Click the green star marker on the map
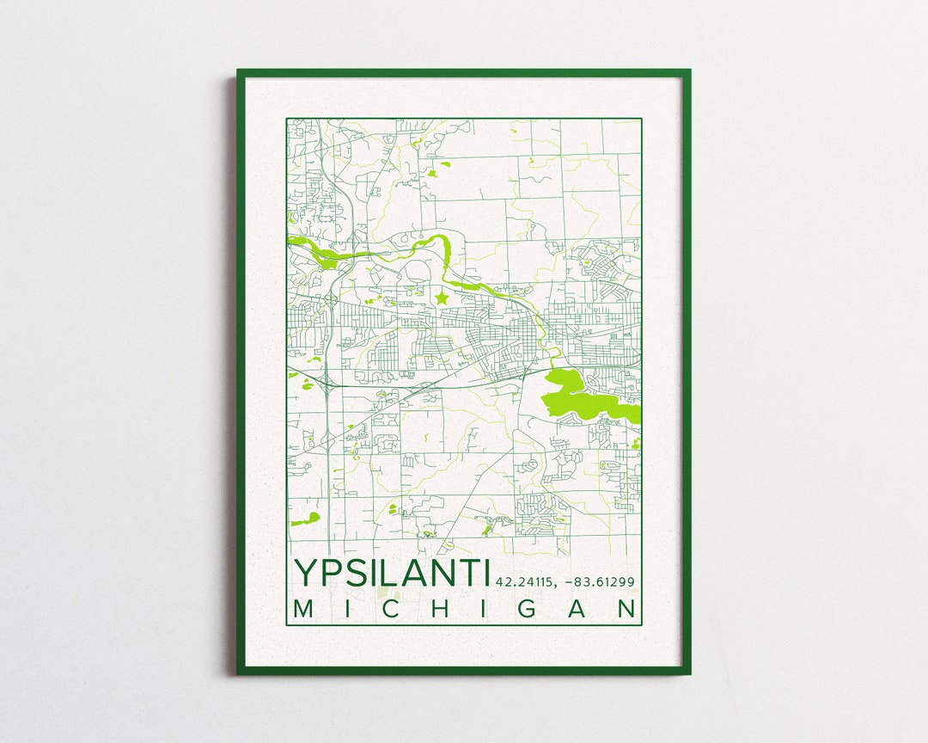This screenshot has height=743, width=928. coord(442,298)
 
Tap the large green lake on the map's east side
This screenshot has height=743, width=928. coord(584,395)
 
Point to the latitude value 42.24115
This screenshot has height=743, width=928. coord(524,582)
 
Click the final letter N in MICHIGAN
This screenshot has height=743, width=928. coord(628,609)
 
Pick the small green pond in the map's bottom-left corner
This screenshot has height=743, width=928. coord(305,519)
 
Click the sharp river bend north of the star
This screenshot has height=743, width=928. coord(447,249)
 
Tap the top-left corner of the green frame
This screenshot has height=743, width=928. coord(240,72)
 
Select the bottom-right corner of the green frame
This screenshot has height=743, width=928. coord(688,672)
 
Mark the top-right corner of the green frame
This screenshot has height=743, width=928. coord(688,72)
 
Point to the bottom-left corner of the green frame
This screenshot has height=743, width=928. coord(240,672)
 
